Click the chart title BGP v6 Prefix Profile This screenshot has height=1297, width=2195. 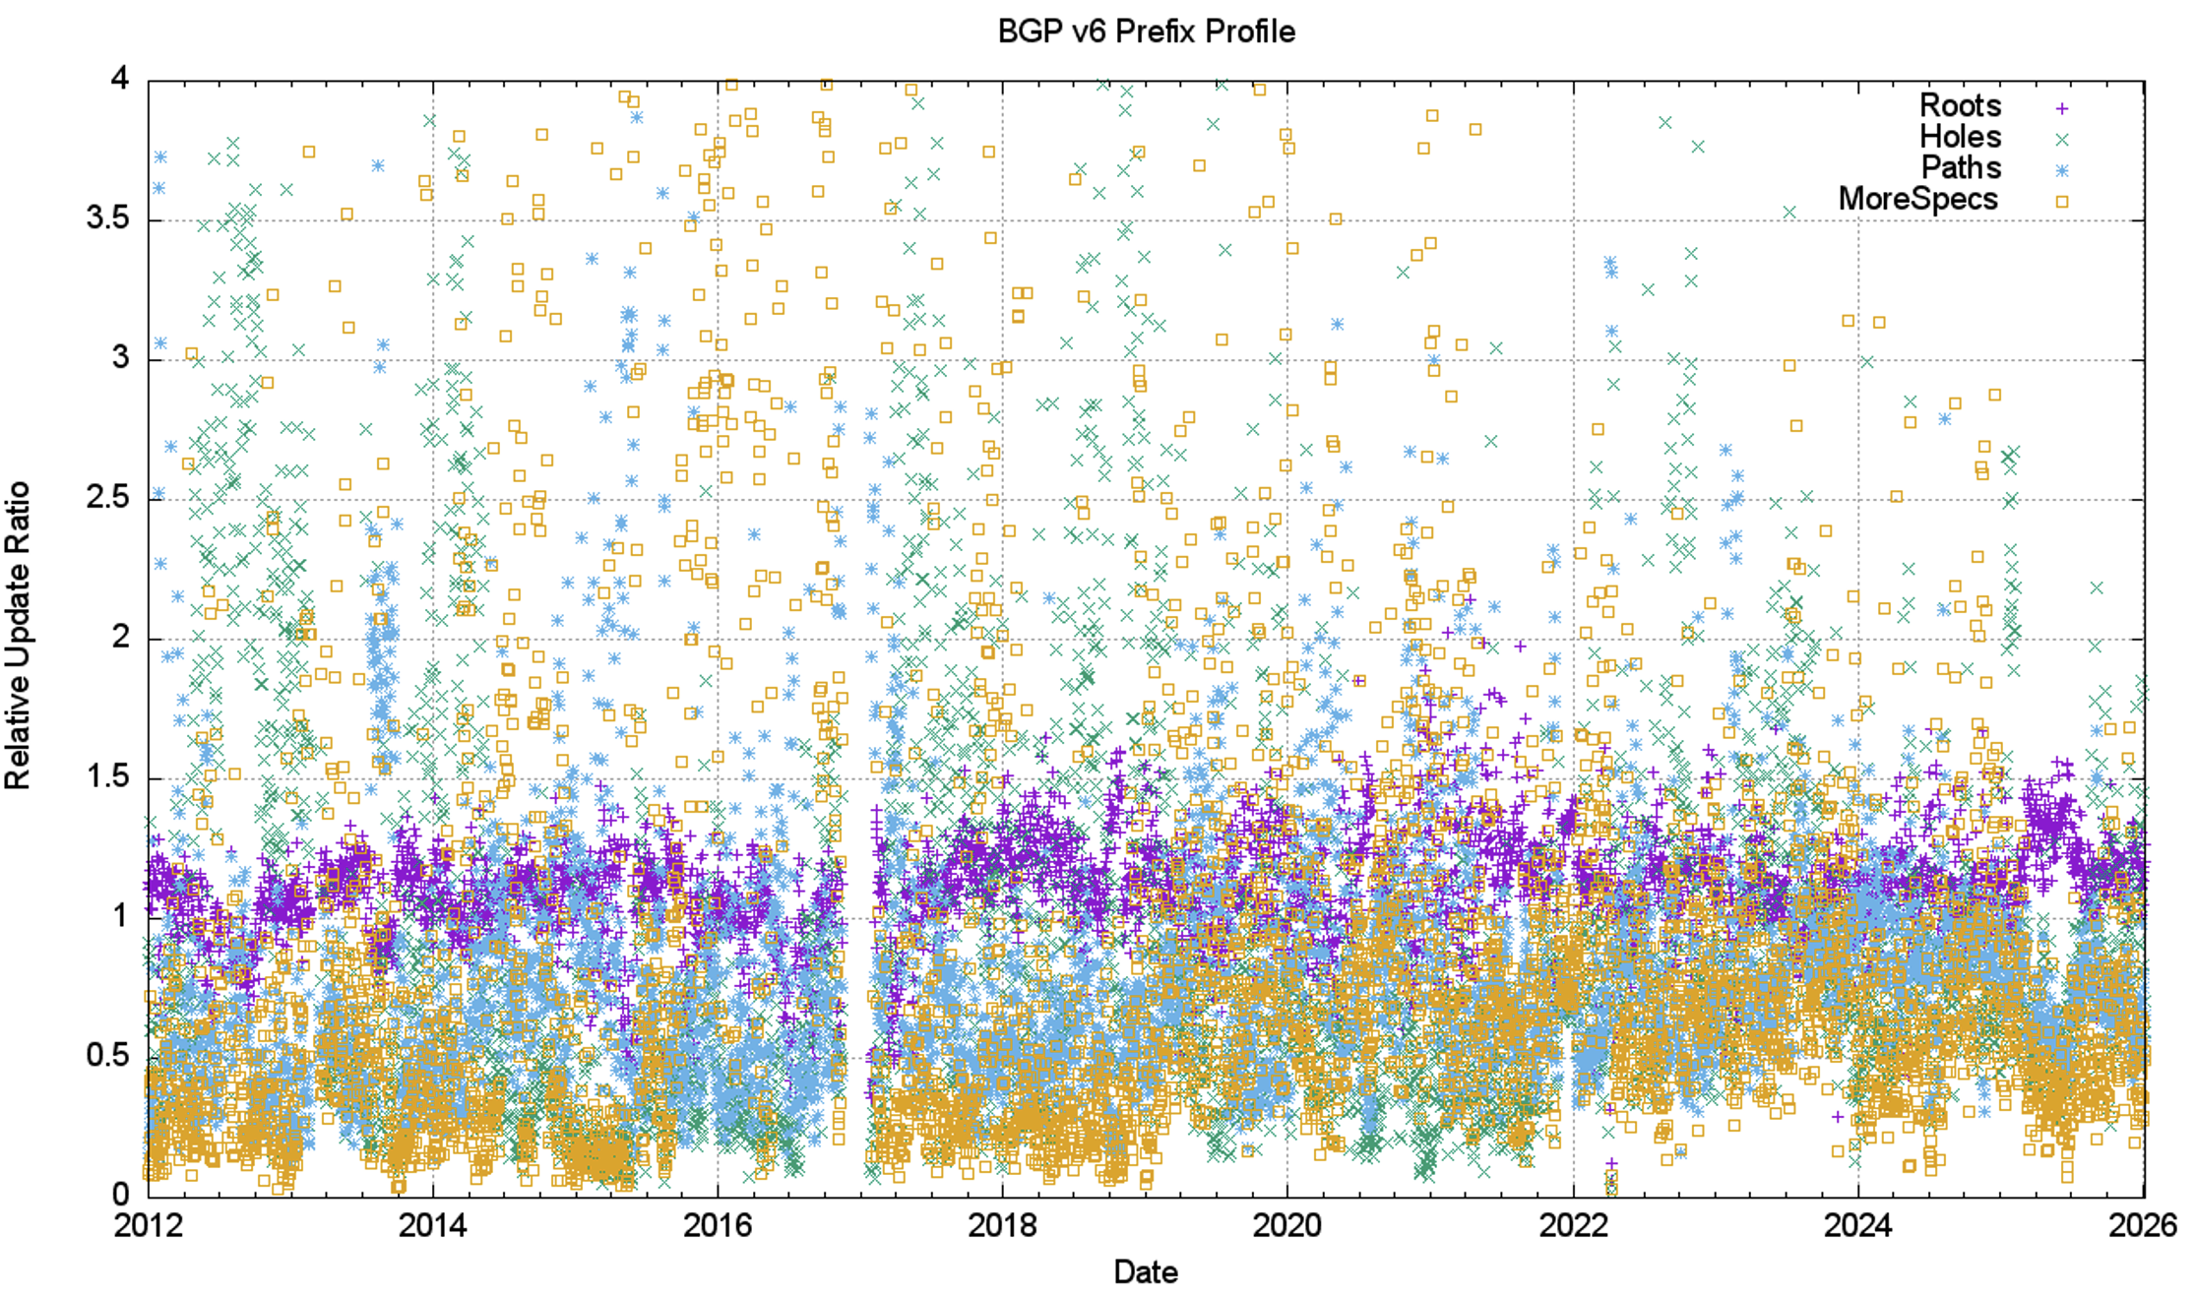1146,31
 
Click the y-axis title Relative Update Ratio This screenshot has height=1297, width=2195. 18,635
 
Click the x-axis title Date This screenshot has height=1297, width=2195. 1146,1271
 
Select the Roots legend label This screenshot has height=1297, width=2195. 1960,105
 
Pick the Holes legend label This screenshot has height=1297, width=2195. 1960,137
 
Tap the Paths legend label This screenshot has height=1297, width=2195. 1961,167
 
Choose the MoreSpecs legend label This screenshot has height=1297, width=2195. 1917,199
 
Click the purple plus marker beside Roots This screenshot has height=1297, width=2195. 2061,108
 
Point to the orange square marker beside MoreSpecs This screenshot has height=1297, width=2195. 2061,202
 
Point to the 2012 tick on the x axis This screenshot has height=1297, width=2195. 149,1225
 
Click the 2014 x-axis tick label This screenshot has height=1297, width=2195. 433,1225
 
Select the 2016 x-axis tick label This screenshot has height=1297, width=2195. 718,1225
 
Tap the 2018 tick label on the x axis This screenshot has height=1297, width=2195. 1002,1225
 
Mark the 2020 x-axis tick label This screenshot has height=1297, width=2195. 1286,1225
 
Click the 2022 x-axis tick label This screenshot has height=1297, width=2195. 1573,1225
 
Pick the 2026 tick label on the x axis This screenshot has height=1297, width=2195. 2142,1225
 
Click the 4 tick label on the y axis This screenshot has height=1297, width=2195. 120,79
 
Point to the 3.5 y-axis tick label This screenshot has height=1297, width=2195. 107,218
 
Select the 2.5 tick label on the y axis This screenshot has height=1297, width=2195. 107,498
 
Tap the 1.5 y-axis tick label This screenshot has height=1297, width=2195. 107,777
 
